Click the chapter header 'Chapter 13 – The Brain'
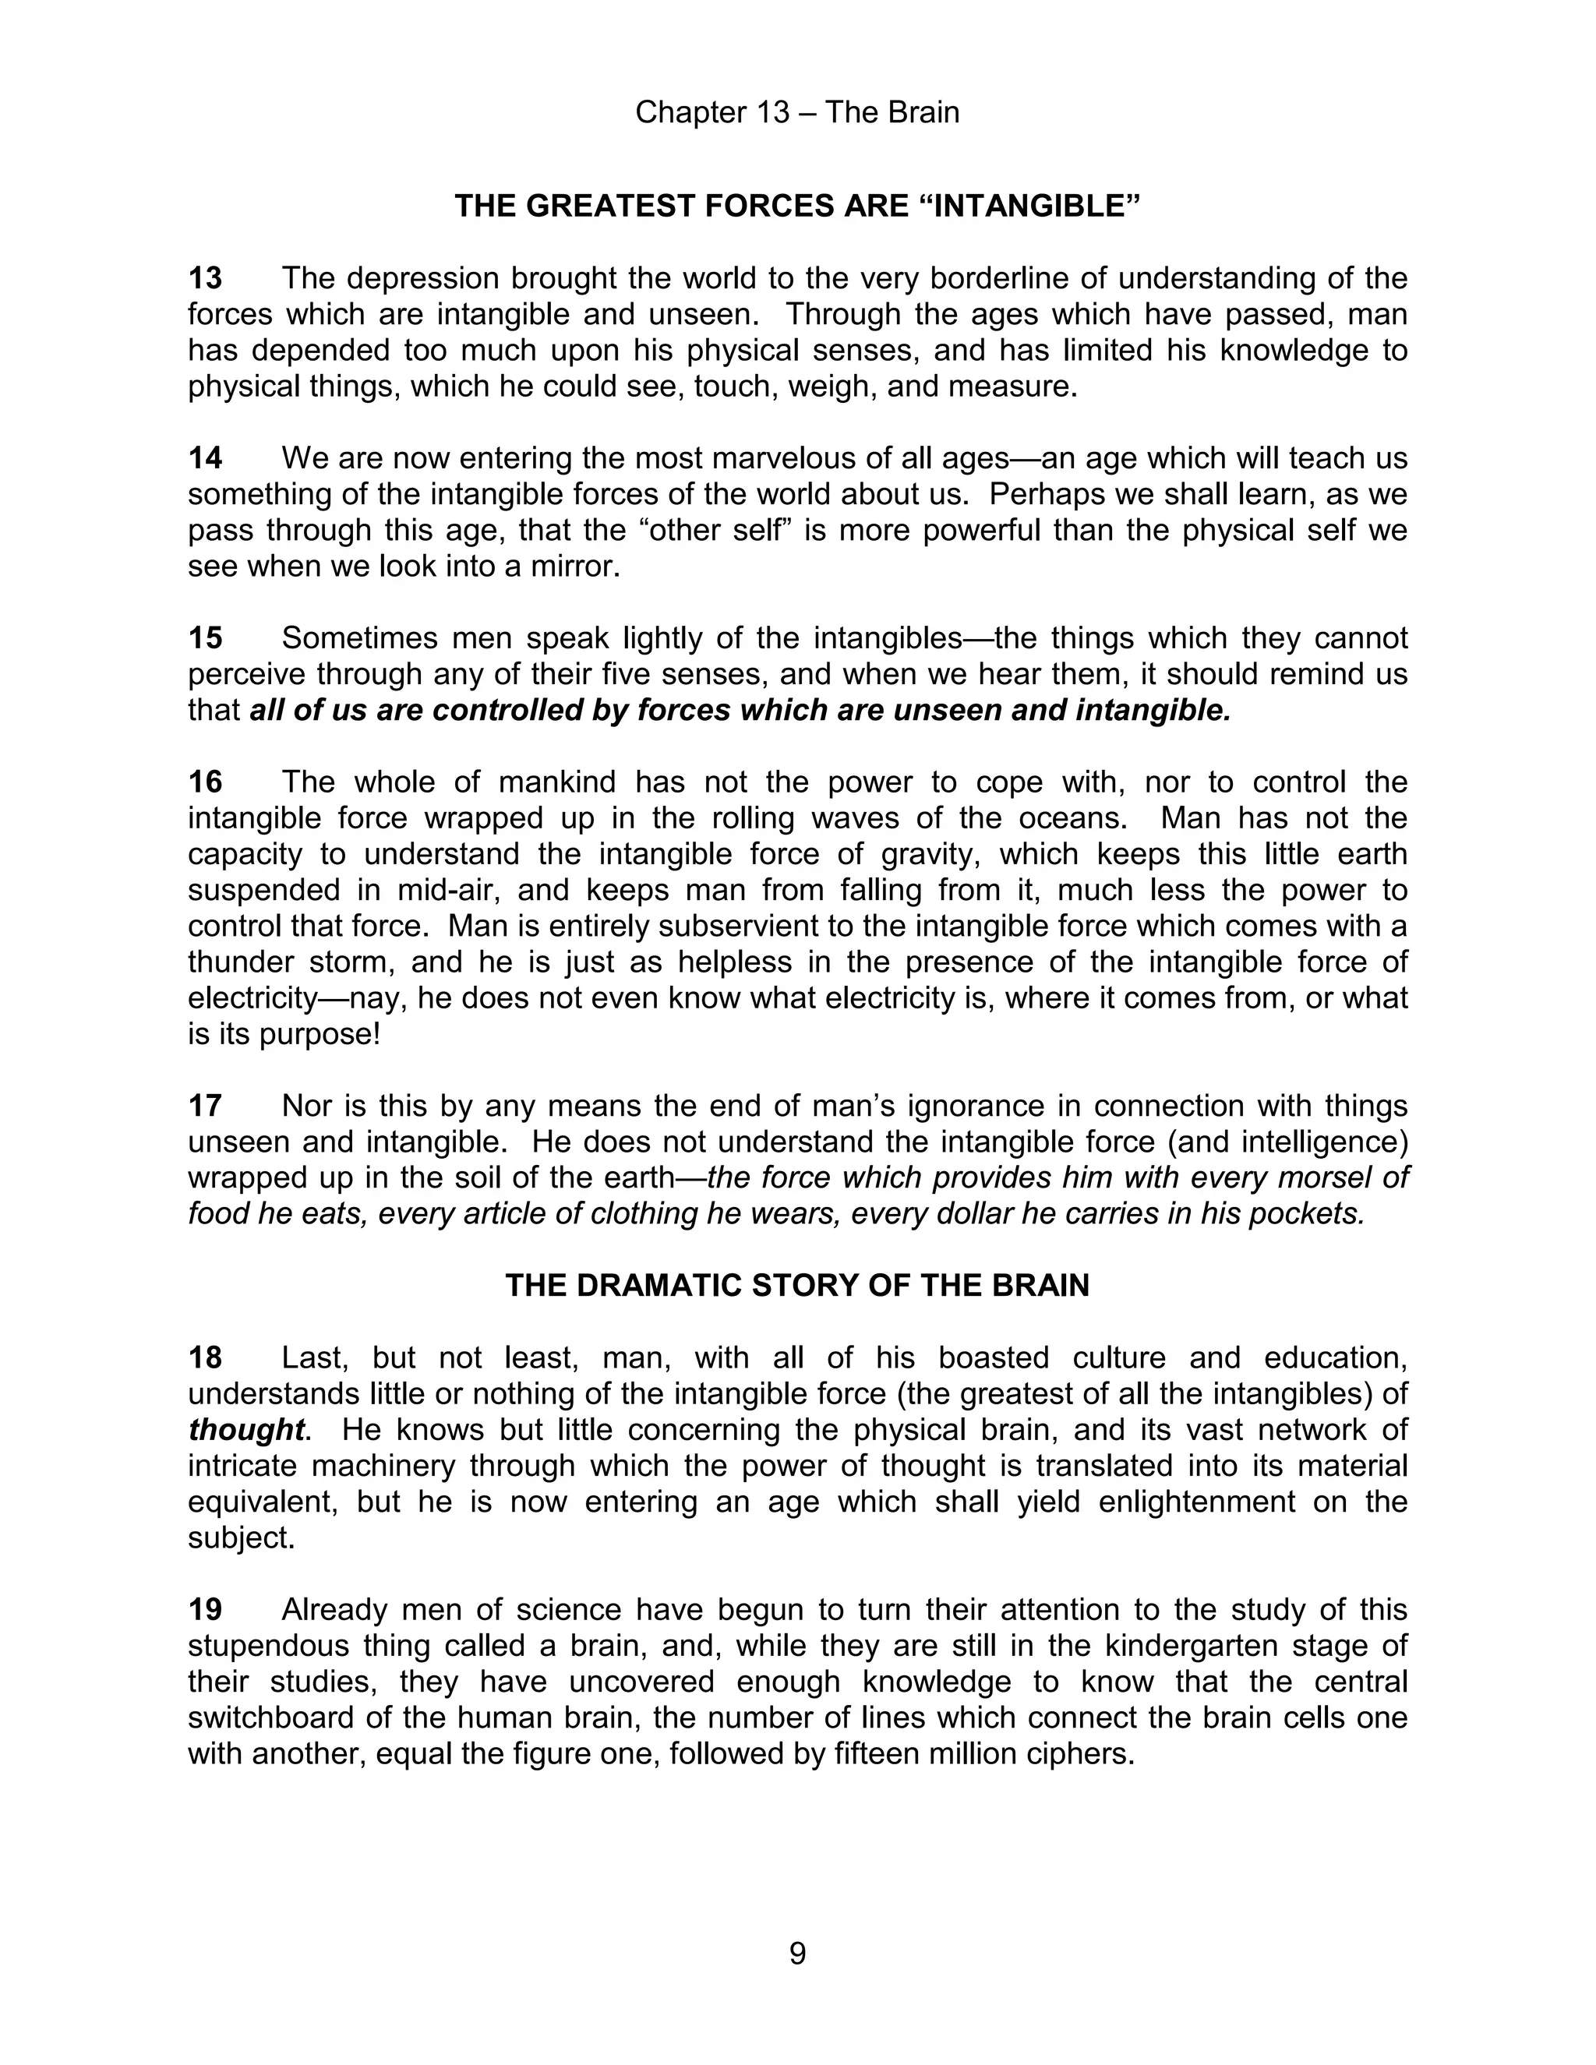point(797,112)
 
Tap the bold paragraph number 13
point(205,279)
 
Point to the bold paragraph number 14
point(205,458)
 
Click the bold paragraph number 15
point(205,638)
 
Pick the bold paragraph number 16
point(205,782)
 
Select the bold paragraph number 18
point(205,1357)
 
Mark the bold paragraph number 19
point(205,1609)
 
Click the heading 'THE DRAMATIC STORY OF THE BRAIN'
point(797,1286)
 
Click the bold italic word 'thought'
point(245,1430)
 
